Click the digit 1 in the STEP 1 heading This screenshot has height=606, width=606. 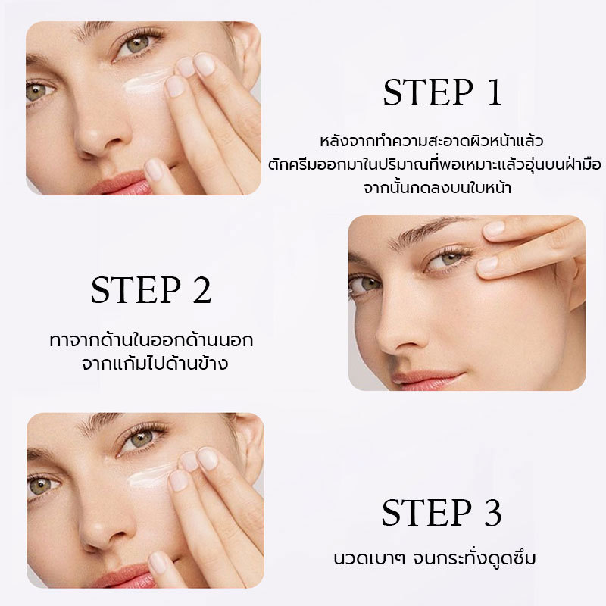click(495, 92)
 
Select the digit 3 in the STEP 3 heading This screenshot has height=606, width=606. click(493, 513)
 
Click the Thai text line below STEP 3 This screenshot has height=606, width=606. click(435, 558)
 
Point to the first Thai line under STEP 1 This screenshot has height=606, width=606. click(432, 141)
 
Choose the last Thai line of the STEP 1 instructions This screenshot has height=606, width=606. click(438, 188)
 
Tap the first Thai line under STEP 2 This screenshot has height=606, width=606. click(151, 340)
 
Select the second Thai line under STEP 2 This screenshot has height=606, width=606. click(155, 364)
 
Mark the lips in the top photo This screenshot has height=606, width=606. click(120, 183)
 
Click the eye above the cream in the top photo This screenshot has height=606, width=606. click(137, 45)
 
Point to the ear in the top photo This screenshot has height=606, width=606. click(248, 50)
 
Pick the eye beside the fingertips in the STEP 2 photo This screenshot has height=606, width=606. click(449, 260)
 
